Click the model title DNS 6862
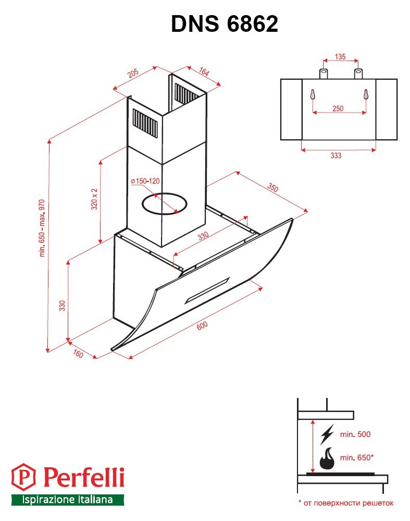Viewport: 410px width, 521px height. click(225, 24)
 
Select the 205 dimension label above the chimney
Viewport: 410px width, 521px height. click(133, 73)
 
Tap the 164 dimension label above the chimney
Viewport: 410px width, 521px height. click(204, 71)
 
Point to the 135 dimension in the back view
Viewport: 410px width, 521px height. click(340, 56)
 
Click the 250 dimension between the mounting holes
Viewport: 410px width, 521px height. click(338, 108)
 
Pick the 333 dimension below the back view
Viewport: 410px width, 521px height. click(336, 155)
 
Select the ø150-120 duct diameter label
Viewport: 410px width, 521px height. click(145, 181)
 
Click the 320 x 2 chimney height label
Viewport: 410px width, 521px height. click(95, 199)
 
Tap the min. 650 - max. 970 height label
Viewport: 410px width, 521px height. click(42, 228)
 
